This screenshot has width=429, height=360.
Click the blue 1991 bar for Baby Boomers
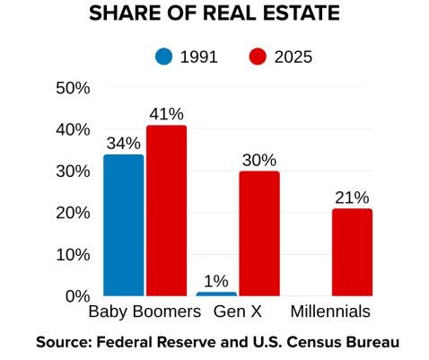click(123, 224)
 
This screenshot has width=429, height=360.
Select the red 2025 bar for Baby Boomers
click(167, 210)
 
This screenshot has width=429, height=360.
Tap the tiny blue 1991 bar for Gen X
click(216, 294)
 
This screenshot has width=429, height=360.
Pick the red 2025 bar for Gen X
click(259, 233)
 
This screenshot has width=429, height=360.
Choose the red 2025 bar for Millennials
click(352, 252)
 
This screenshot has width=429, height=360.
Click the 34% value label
click(123, 144)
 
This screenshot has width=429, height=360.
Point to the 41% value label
click(166, 114)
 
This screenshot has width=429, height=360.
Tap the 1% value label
click(216, 281)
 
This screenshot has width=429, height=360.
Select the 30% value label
click(258, 160)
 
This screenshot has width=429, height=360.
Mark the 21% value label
click(352, 198)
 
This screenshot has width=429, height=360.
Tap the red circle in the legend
click(258, 57)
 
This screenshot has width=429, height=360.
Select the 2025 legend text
click(293, 57)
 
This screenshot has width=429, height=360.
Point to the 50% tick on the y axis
click(73, 88)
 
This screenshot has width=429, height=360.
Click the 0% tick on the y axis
click(77, 296)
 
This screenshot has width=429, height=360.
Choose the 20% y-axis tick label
click(73, 213)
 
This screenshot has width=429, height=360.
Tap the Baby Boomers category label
click(144, 312)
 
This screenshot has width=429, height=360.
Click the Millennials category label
click(330, 312)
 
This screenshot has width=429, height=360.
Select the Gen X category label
click(238, 312)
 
